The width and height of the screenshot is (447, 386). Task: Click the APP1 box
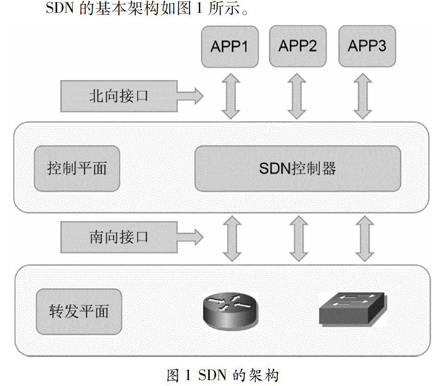229,47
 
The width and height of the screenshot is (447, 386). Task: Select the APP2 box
298,47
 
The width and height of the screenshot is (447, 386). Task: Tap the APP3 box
367,47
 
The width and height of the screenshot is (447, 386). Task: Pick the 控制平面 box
77,168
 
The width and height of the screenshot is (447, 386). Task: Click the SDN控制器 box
297,168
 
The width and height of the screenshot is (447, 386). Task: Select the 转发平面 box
79,311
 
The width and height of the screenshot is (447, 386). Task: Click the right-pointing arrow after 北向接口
192,95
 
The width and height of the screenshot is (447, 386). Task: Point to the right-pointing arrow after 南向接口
192,237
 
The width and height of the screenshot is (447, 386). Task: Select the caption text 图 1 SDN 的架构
223,376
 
